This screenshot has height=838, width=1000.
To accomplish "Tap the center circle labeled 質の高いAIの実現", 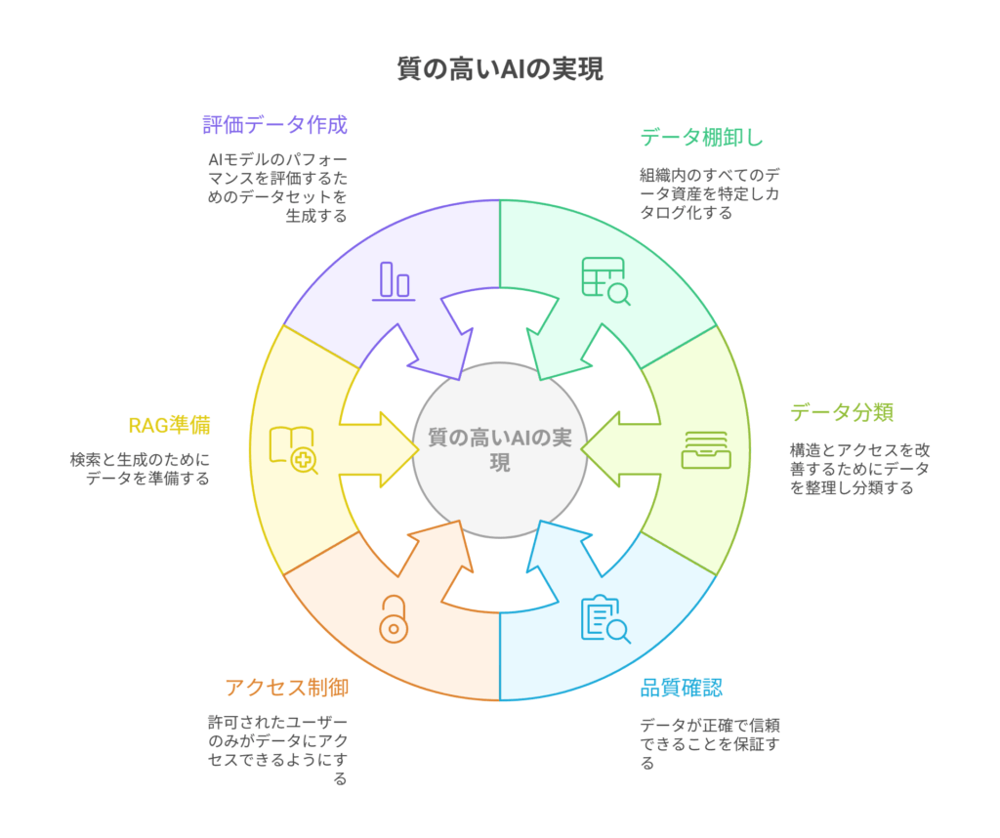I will [x=500, y=449].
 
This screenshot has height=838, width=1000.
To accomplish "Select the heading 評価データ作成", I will [x=274, y=125].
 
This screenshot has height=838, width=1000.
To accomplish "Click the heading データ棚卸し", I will [x=701, y=137].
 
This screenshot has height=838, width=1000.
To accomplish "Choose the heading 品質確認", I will [x=682, y=687].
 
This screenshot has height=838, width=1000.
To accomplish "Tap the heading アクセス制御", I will [x=286, y=688].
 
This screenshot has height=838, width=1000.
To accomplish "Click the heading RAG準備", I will [x=169, y=425].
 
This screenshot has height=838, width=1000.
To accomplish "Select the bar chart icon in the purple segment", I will [x=396, y=280].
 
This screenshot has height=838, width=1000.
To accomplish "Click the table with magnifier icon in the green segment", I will [x=605, y=280].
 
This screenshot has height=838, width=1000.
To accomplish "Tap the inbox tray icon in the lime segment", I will [x=705, y=449].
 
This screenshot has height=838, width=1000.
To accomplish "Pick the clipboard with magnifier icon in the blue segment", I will [x=605, y=618].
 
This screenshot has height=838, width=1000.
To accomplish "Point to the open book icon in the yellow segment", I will [x=293, y=449].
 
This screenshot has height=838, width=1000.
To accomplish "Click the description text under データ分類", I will [x=859, y=469].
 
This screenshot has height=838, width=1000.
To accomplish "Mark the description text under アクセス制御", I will [x=277, y=751].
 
